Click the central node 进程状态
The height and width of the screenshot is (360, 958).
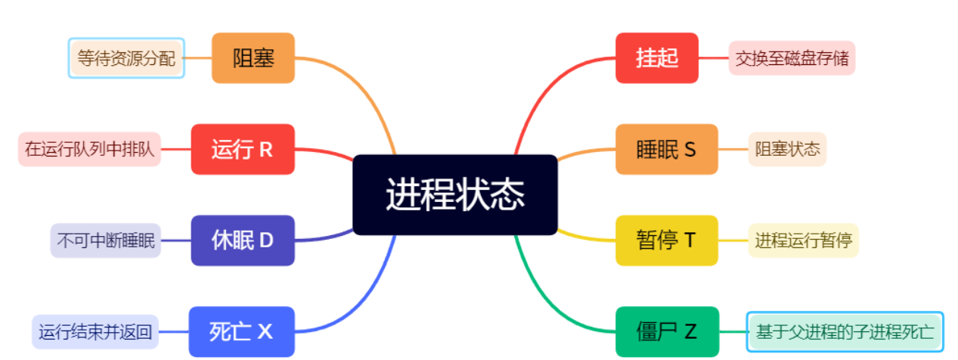(x=455, y=195)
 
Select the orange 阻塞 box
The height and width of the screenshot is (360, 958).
(x=253, y=58)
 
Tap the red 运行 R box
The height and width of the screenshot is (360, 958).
(x=242, y=150)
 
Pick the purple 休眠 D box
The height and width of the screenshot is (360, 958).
(x=242, y=241)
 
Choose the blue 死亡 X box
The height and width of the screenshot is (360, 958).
(x=241, y=331)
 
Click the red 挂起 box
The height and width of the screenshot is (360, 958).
(x=656, y=58)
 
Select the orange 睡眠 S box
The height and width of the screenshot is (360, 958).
(x=666, y=150)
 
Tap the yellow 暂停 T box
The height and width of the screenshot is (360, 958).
(x=666, y=241)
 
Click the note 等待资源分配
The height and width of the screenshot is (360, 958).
(x=126, y=58)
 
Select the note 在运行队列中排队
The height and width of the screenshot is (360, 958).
(x=89, y=150)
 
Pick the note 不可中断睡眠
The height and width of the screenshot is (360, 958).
(x=106, y=241)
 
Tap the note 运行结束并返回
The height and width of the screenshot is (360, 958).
(x=95, y=331)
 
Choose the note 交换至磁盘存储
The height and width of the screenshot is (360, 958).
(x=792, y=58)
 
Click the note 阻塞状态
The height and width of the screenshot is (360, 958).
(x=787, y=149)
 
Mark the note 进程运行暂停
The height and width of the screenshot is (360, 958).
(x=803, y=241)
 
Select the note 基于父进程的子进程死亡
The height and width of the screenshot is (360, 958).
(x=845, y=331)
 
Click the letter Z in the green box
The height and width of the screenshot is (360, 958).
(x=690, y=331)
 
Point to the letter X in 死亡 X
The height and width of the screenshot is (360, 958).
(x=265, y=331)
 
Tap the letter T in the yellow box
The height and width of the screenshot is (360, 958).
(x=689, y=241)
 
